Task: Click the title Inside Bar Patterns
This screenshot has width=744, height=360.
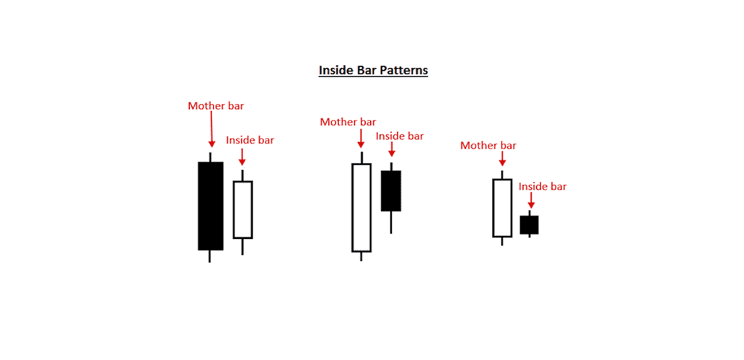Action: click(373, 70)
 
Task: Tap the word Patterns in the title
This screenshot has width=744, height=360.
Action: click(404, 70)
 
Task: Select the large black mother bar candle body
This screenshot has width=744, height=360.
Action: click(211, 206)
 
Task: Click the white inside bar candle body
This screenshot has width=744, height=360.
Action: click(243, 210)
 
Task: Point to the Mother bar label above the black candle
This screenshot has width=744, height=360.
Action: click(216, 106)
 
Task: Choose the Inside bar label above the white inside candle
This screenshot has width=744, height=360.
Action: click(250, 141)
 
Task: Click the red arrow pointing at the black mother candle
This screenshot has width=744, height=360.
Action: click(211, 129)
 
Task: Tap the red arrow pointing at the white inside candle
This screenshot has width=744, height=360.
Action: click(242, 157)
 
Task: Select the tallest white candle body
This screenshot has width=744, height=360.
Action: click(361, 208)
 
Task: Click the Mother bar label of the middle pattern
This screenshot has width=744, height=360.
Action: click(348, 122)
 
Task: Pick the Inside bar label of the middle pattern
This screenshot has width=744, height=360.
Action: click(400, 136)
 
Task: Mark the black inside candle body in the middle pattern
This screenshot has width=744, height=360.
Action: click(391, 190)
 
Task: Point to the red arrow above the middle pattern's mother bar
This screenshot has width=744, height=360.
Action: click(361, 138)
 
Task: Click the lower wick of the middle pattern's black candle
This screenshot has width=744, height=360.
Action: click(391, 222)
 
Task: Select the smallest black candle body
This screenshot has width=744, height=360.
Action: click(529, 225)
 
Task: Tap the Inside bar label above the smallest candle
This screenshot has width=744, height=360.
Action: click(543, 186)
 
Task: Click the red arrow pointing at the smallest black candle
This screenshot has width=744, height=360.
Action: click(531, 200)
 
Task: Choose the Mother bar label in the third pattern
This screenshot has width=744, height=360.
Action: click(489, 146)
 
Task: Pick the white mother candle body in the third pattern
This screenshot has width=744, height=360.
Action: click(502, 208)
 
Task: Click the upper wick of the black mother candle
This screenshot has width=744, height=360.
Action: click(210, 157)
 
